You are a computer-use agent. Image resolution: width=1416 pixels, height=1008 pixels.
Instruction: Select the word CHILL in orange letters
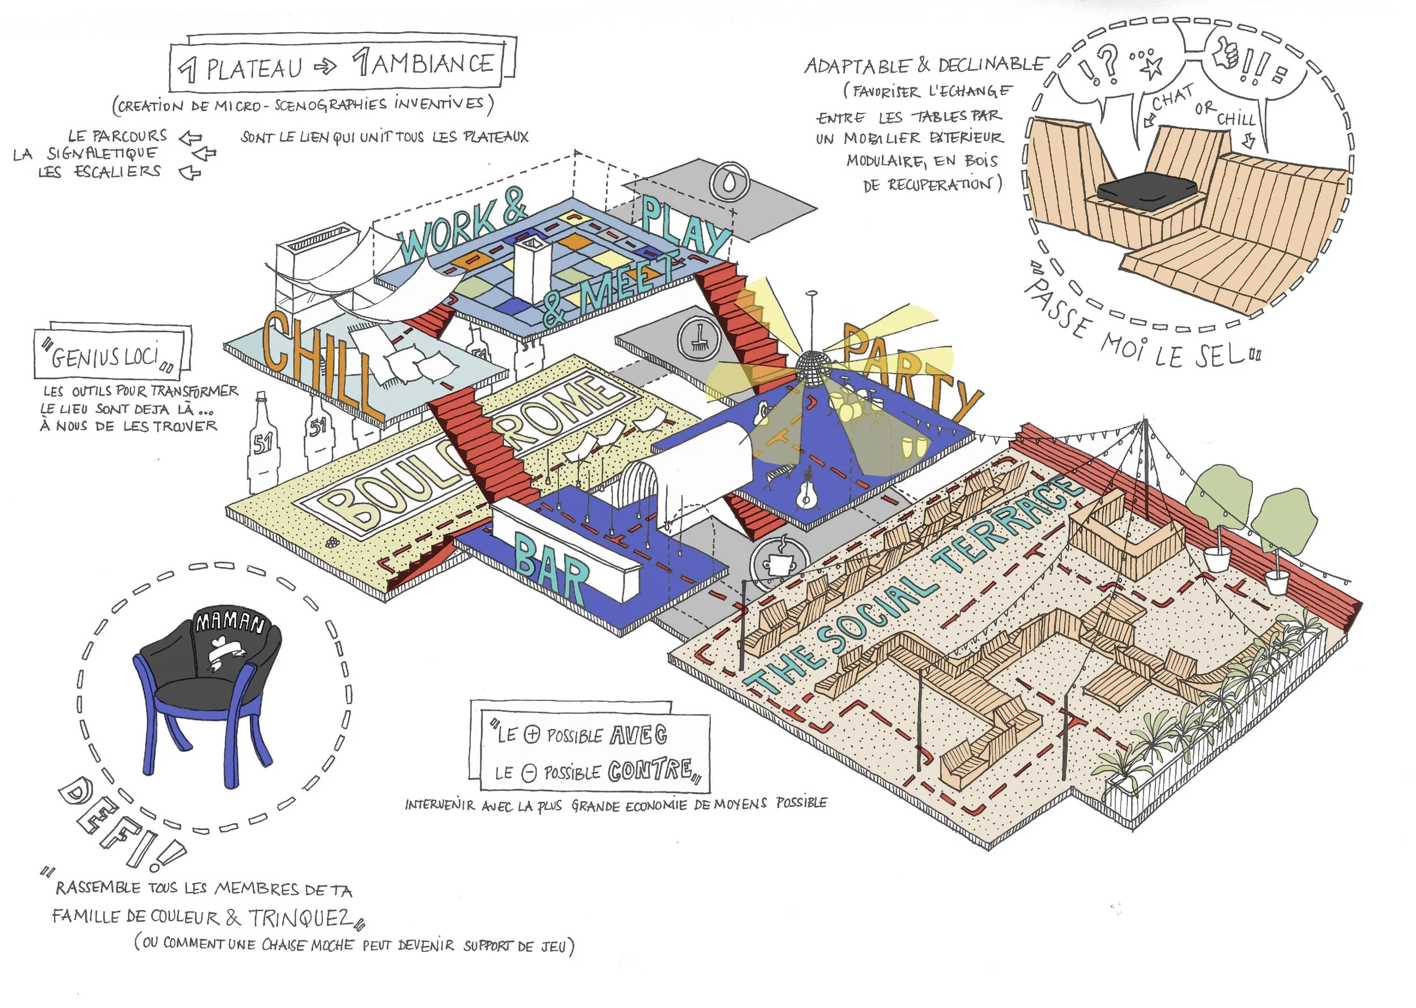point(317,363)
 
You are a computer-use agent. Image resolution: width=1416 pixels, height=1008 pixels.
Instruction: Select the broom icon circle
point(699,339)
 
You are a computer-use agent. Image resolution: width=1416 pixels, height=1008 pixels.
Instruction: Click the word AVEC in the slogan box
point(638,735)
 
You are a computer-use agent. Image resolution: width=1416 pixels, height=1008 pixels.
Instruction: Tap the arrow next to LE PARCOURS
point(190,137)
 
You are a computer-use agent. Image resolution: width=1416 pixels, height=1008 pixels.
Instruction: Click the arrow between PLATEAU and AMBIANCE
point(325,67)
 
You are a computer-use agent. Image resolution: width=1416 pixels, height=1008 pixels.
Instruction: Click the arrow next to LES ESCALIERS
point(190,173)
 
